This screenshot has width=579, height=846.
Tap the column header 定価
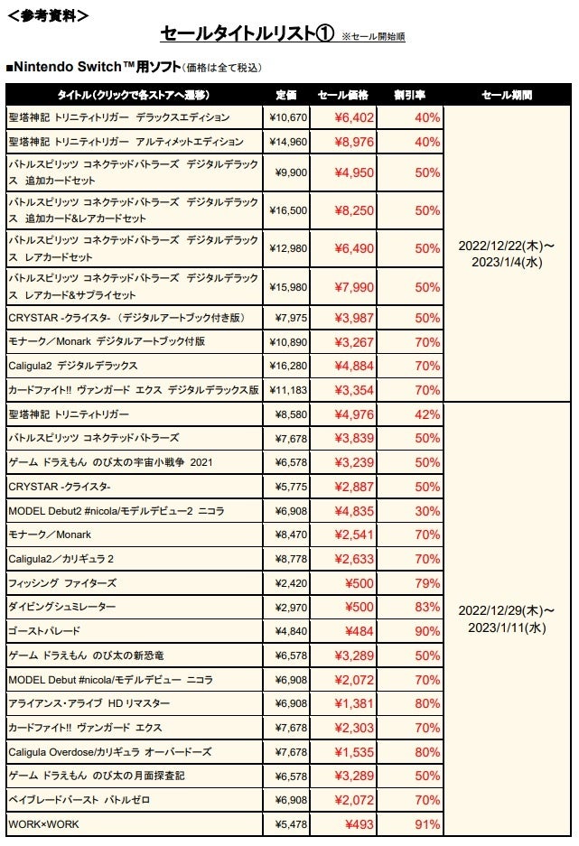click(286, 94)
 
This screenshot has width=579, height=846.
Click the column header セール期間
click(507, 94)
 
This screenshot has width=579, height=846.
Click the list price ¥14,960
click(288, 142)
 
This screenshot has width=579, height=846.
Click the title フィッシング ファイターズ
click(62, 583)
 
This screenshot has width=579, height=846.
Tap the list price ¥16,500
click(288, 210)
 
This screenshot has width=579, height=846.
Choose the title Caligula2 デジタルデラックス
click(73, 366)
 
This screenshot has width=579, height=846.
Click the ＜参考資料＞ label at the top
click(47, 15)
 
